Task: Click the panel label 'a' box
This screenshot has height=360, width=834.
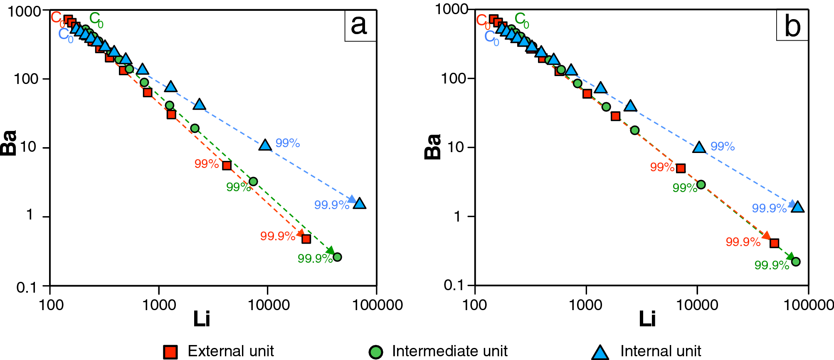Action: [x=360, y=26]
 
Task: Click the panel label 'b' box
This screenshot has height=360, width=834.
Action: [x=792, y=26]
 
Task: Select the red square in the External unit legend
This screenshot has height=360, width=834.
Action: [x=170, y=352]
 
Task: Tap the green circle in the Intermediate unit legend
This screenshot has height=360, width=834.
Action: [x=376, y=352]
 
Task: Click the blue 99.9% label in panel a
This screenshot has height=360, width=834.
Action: [x=331, y=205]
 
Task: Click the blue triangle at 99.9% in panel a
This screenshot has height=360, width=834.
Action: [x=360, y=204]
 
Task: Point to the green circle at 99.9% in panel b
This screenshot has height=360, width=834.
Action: [x=796, y=261]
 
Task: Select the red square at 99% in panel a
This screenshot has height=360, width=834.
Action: [x=227, y=165]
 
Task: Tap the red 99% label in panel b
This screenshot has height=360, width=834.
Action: [x=662, y=167]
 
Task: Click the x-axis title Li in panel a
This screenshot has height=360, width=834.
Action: [x=202, y=319]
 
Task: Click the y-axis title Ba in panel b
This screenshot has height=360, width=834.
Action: [x=432, y=147]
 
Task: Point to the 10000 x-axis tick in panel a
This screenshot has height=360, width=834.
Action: [x=269, y=305]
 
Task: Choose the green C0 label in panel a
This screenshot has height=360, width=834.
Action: [x=96, y=20]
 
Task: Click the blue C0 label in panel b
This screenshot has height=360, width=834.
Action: [x=491, y=38]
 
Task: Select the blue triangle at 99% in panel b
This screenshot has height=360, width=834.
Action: [x=699, y=147]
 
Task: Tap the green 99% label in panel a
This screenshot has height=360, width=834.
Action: [x=238, y=187]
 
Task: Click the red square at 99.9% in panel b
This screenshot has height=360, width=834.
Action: [x=774, y=243]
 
